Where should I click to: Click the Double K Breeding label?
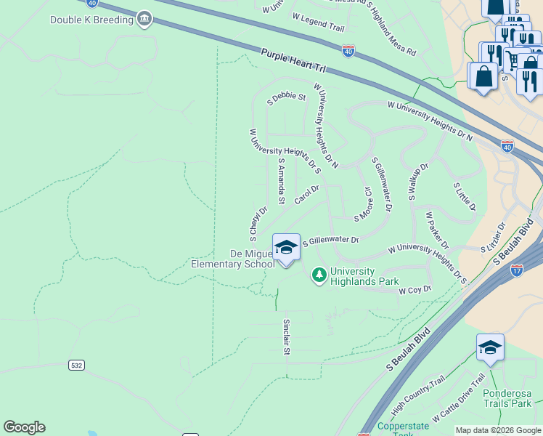pyautogui.click(x=91, y=20)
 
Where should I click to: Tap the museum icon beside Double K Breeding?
pyautogui.click(x=144, y=19)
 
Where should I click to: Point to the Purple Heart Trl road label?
pyautogui.click(x=294, y=61)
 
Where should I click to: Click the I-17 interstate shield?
pyautogui.click(x=517, y=270)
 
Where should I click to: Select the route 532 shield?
pyautogui.click(x=77, y=366)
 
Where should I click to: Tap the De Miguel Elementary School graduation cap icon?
pyautogui.click(x=286, y=248)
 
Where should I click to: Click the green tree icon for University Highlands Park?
pyautogui.click(x=318, y=275)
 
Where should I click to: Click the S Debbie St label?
pyautogui.click(x=286, y=97)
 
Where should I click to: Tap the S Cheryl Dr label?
pyautogui.click(x=258, y=223)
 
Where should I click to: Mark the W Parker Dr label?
pyautogui.click(x=437, y=230)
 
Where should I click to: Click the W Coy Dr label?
pyautogui.click(x=415, y=289)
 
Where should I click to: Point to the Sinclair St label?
pyautogui.click(x=286, y=336)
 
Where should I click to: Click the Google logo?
pyautogui.click(x=24, y=427)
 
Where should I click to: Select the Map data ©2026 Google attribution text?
pyautogui.click(x=498, y=430)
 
